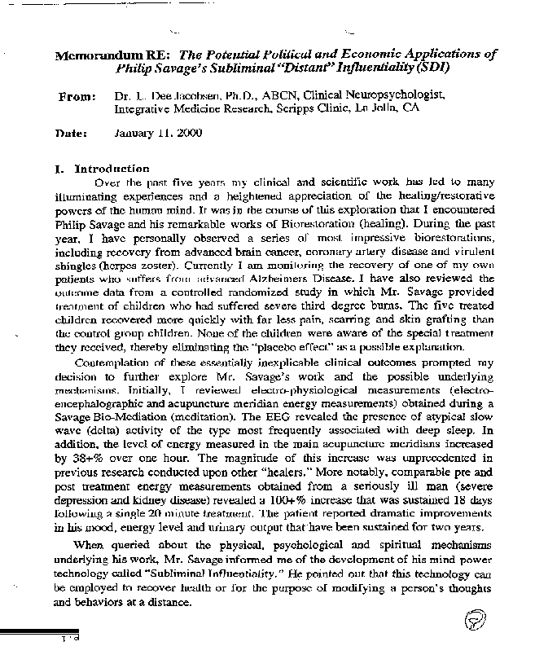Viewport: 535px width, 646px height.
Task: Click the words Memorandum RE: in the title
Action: [105, 56]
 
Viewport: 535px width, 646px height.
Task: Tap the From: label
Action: [79, 97]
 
